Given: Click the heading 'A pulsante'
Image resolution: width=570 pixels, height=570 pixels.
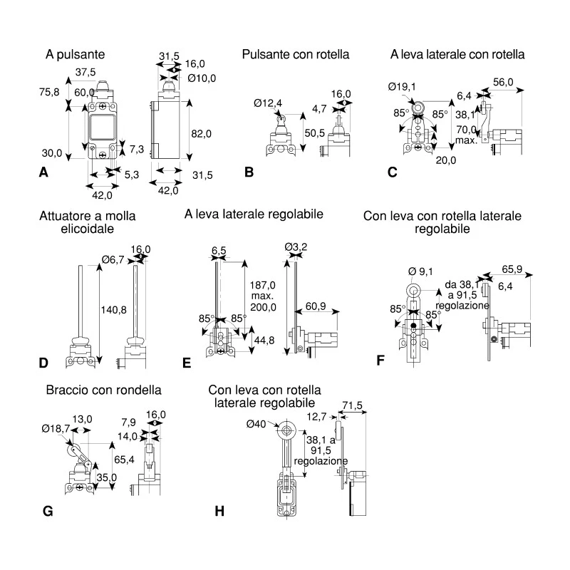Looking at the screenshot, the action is point(76,55).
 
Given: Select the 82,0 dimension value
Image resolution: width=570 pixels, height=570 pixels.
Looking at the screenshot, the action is point(202,134).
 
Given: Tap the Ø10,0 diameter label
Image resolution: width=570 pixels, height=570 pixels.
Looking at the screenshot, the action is point(202,78).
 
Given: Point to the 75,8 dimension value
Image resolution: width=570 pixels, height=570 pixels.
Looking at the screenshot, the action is point(49,92).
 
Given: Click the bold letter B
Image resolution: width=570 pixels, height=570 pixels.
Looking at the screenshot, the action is point(249,172).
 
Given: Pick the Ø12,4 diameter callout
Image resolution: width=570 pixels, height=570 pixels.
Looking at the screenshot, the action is point(268,103).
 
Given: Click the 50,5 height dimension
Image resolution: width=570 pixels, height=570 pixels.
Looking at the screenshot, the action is point(315,133).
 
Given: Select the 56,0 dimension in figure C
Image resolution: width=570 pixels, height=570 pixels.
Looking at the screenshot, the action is point(503,82).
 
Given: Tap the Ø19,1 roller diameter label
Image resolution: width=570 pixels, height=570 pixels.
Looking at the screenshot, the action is point(402,86).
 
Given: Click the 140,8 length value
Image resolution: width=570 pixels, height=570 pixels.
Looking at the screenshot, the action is point(114,310).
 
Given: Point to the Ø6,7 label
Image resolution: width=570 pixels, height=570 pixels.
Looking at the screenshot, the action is point(113,259).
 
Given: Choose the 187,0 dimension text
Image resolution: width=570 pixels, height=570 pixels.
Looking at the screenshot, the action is point(262,285).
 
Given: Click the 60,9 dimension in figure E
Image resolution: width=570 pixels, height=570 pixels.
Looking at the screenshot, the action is point(316,306).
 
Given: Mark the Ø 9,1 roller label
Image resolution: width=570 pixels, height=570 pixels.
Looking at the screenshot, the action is point(420,271).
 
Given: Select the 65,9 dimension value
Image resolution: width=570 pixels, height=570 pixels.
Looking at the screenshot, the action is point(512,269).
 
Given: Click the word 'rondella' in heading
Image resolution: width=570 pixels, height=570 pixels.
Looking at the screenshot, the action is point(140,390).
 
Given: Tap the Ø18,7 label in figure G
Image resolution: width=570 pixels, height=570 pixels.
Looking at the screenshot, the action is point(56,429).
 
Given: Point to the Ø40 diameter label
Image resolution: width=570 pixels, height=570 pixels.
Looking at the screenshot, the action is point(256,424).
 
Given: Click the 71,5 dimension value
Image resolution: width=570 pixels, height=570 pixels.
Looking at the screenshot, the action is point(352,405).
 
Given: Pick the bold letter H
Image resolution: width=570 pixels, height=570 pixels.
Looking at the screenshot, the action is point(219,511).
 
